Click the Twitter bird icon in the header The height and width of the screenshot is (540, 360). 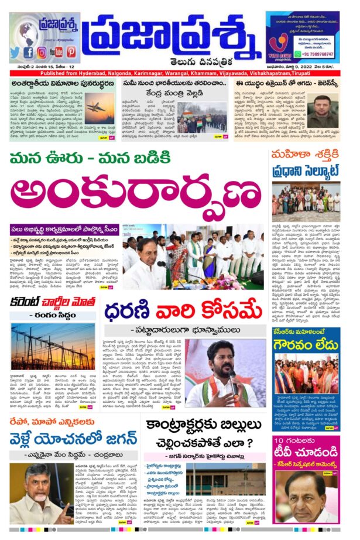click(15, 52)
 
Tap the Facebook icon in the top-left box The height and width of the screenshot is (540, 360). click(28, 52)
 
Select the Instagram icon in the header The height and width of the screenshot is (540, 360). click(42, 52)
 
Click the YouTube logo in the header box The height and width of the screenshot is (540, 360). click(56, 52)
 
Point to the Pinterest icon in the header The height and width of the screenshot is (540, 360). click(71, 52)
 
